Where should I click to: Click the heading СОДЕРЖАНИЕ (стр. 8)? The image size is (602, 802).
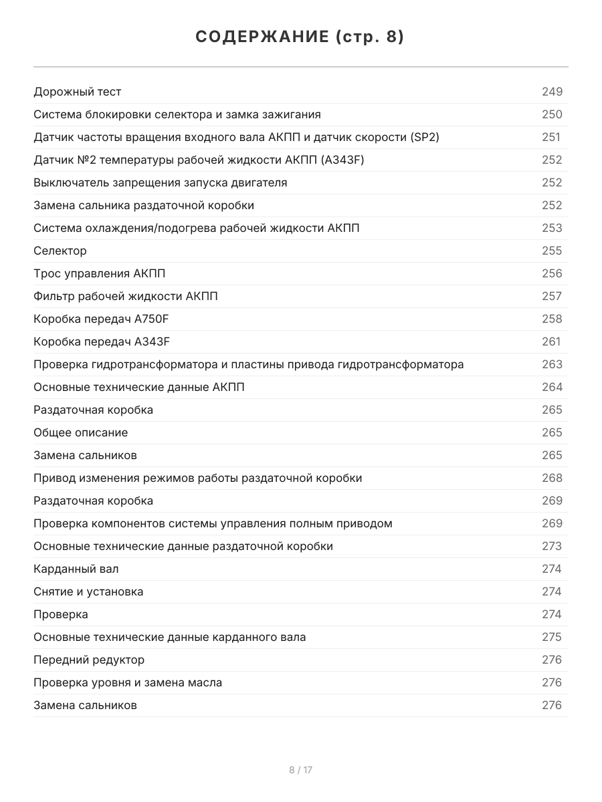[x=300, y=37]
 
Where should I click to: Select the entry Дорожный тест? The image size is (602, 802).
[x=78, y=92]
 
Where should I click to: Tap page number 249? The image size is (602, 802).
[x=552, y=92]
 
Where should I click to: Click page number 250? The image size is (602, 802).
[x=552, y=114]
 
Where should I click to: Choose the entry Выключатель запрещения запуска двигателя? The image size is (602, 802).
[x=161, y=182]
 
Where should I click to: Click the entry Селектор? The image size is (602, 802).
[x=60, y=251]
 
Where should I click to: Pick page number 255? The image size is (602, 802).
[x=552, y=251]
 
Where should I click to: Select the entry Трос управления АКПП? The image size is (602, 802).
[x=100, y=273]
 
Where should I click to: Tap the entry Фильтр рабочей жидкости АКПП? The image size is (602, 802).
[x=126, y=296]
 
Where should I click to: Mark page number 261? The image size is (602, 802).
[x=551, y=342]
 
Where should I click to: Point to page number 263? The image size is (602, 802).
[x=552, y=364]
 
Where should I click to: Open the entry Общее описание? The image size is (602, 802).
[x=81, y=432]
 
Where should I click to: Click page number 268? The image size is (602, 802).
[x=552, y=478]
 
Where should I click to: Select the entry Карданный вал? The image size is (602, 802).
[x=76, y=569]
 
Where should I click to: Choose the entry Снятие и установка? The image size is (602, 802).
[x=88, y=591]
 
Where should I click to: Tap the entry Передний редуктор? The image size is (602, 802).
[x=89, y=660]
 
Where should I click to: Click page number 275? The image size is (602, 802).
[x=552, y=637]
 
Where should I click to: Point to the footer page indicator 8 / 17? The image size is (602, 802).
[x=300, y=770]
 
